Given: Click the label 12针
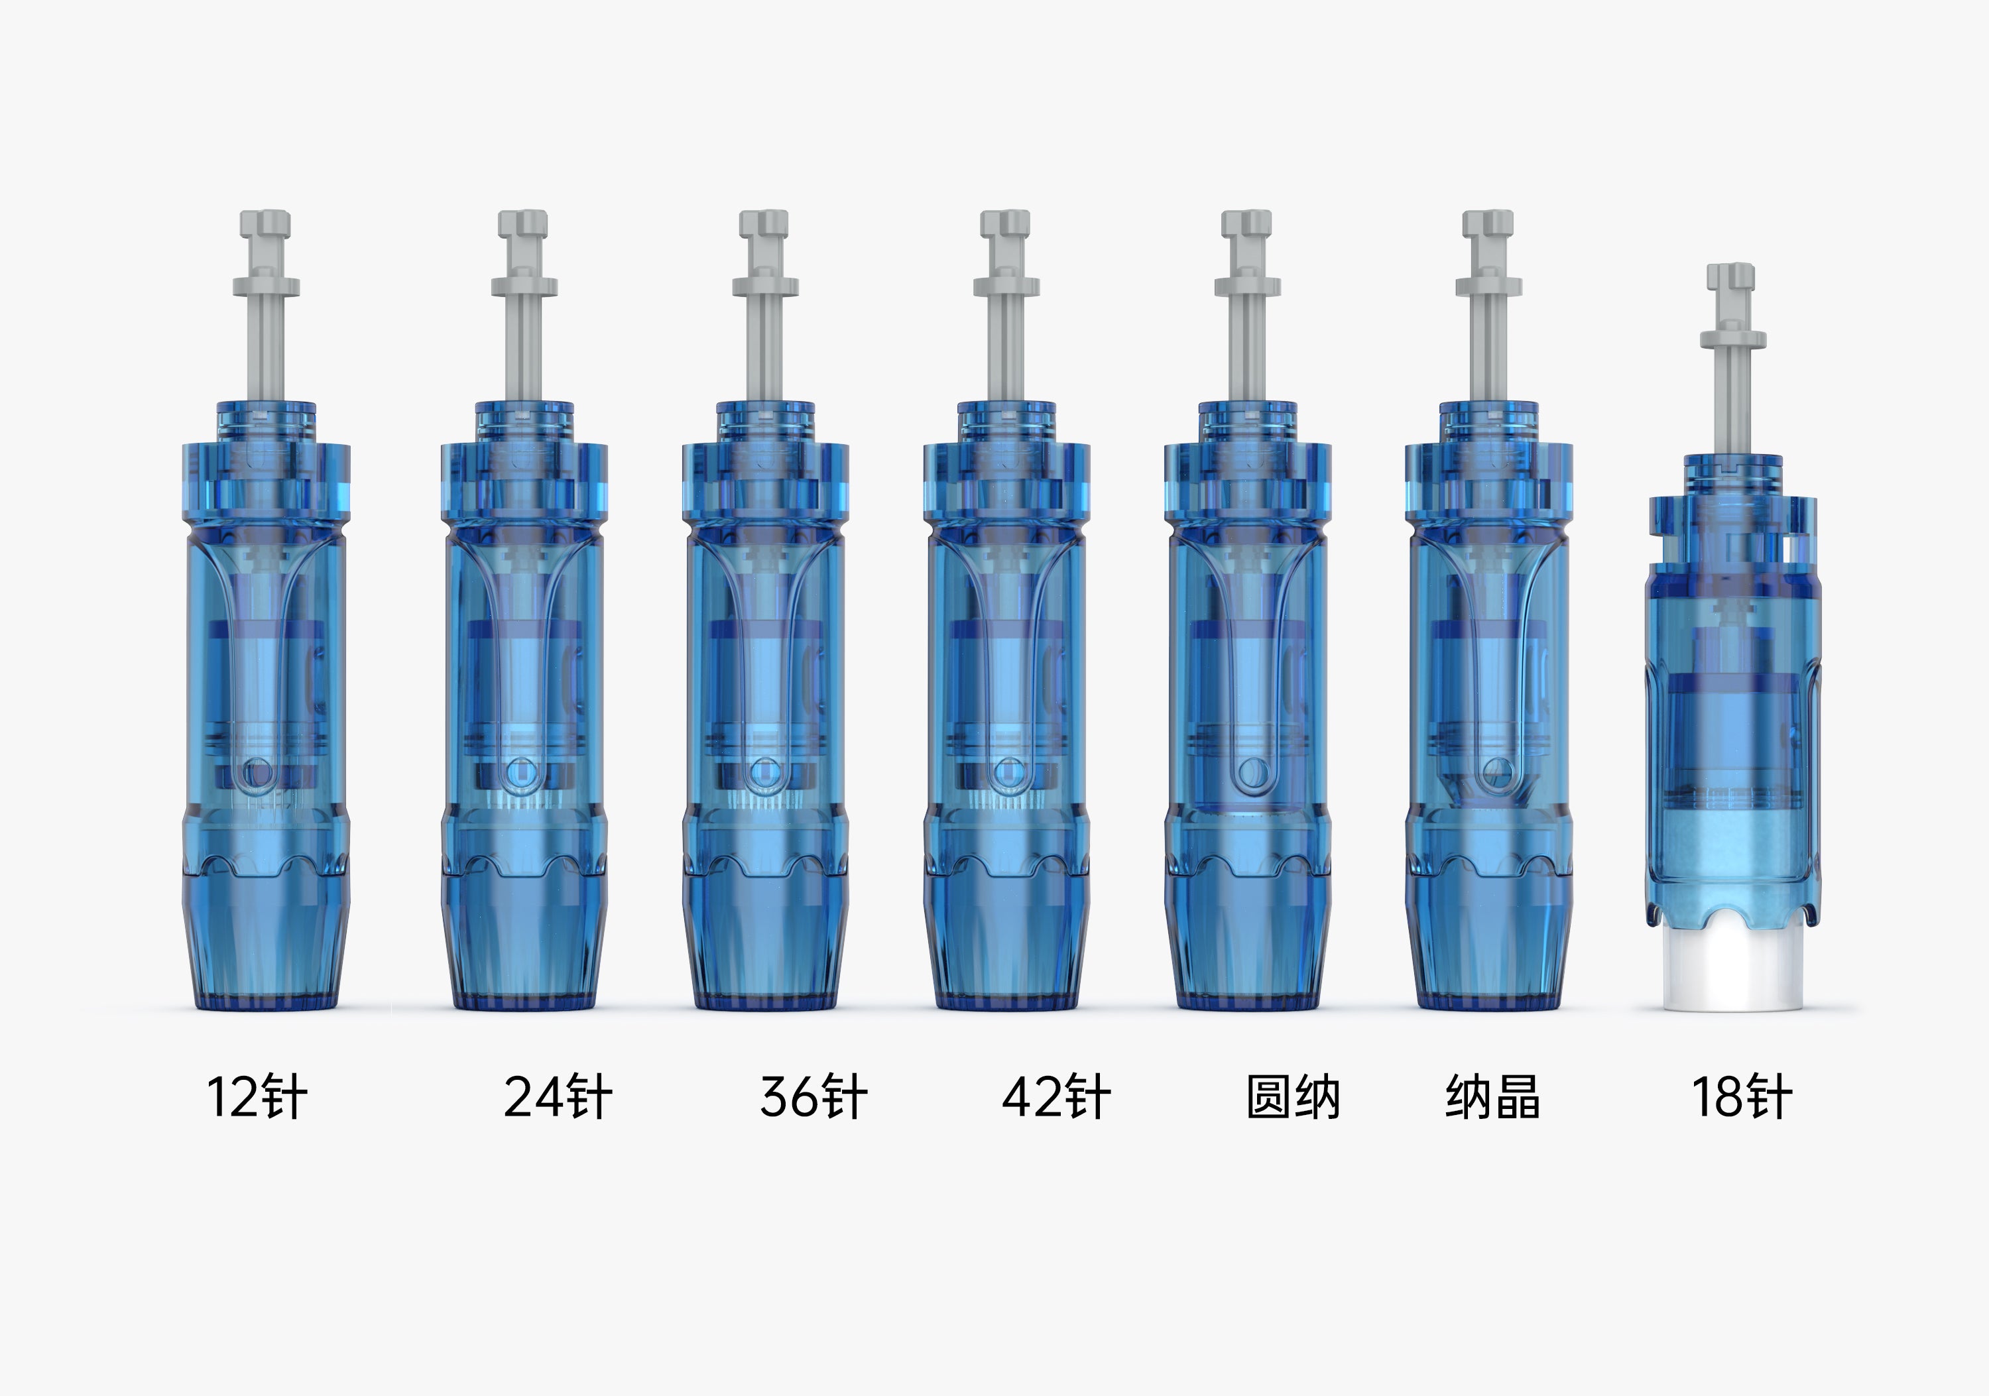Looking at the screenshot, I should click(x=257, y=1097).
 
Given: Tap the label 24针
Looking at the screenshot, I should click(x=557, y=1097).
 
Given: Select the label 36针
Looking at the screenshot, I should click(x=813, y=1097).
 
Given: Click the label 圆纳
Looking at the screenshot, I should click(x=1292, y=1097).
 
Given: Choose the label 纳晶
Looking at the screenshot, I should click(x=1492, y=1097).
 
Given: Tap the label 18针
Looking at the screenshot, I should click(x=1741, y=1097).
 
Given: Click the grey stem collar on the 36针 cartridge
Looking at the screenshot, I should click(x=766, y=286).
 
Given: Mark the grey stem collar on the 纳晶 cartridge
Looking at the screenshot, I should click(x=1488, y=286).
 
